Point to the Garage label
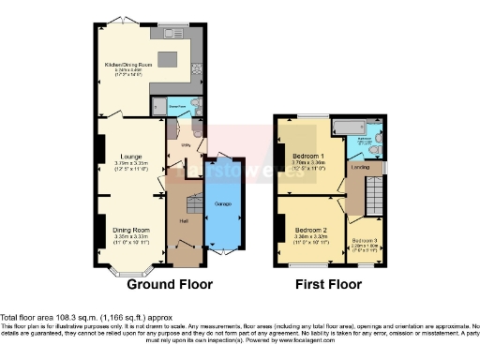[223, 202]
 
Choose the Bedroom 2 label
[310, 230]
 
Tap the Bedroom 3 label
[365, 240]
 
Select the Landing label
[359, 167]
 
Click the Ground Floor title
[170, 283]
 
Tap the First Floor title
[328, 283]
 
